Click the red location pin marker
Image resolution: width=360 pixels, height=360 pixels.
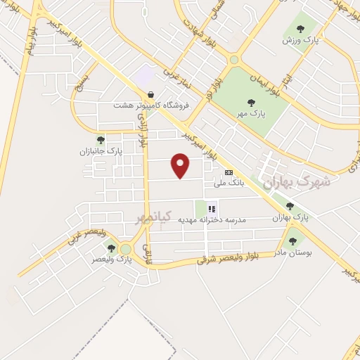(x=181, y=165)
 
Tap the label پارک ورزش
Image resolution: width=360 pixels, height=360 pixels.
(x=300, y=40)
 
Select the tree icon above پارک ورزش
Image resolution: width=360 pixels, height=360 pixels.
(x=300, y=29)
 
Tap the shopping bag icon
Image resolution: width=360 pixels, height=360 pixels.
(x=150, y=94)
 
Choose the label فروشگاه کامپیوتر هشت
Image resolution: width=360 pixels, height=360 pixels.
(x=148, y=105)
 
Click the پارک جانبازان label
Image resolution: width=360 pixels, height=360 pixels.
(x=100, y=151)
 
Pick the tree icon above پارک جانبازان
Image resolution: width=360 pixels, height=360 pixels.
(x=100, y=140)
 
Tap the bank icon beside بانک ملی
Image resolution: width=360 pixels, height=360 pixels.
(x=229, y=172)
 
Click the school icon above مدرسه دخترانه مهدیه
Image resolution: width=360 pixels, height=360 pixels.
(x=212, y=208)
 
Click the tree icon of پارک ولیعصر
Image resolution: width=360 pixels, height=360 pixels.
(x=110, y=247)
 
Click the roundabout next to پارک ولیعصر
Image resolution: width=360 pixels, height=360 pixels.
(x=127, y=249)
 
